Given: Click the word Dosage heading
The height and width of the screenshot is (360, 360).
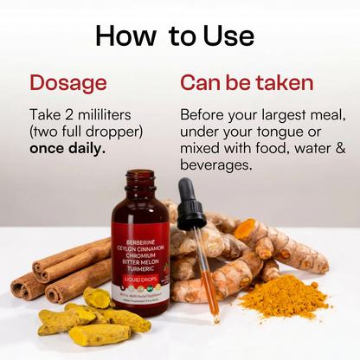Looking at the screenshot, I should coord(68,83).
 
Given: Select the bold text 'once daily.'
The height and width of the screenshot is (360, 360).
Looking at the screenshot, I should coord(67,148).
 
